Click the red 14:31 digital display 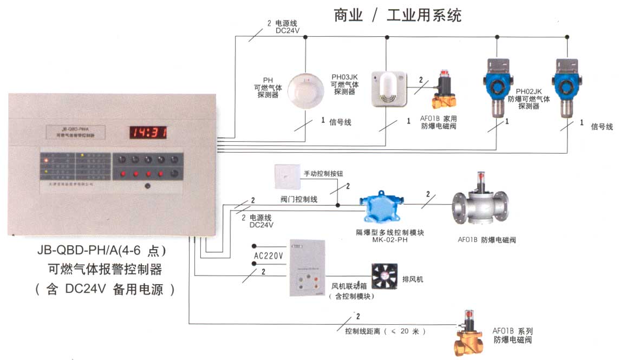coord(147,132)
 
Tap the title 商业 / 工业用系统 coord(397,15)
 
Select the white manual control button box coord(286,176)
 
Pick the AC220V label coord(269,256)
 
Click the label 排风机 coord(413,279)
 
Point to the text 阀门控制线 coord(299,199)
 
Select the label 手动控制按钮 coord(320,174)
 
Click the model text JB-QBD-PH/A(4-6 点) coord(101,251)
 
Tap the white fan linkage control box coord(308,267)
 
